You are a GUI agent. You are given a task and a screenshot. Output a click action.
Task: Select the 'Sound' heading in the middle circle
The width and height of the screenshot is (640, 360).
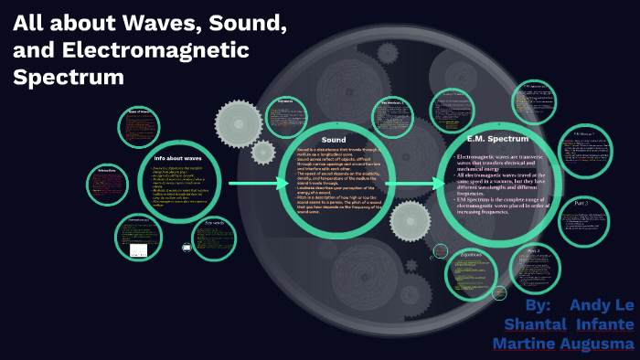(x=334, y=126)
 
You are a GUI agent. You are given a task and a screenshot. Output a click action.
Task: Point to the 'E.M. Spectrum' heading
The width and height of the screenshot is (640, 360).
(x=498, y=139)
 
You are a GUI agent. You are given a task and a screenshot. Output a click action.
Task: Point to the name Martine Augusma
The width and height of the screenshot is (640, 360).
(x=563, y=344)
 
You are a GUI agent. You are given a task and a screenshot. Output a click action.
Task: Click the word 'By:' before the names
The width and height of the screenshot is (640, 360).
(x=539, y=303)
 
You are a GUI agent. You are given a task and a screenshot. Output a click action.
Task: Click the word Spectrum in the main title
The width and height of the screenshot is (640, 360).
(x=69, y=78)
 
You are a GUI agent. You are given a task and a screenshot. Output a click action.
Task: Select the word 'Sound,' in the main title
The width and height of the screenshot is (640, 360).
(x=219, y=21)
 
